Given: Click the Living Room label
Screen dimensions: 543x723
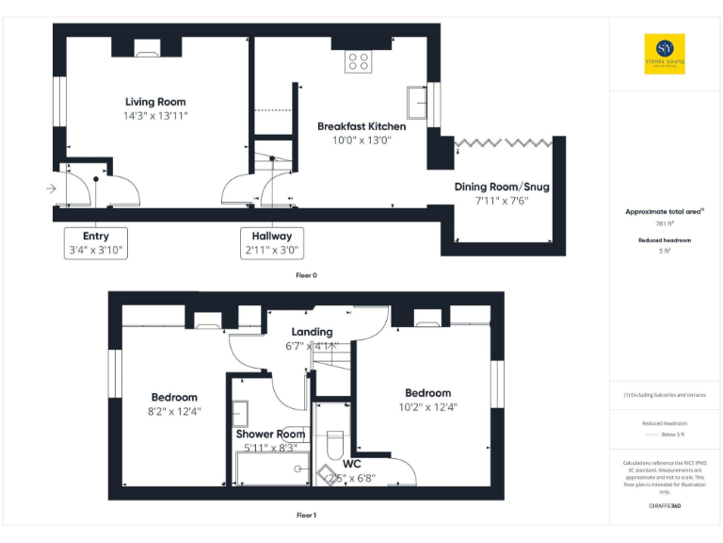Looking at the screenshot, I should pos(156,102).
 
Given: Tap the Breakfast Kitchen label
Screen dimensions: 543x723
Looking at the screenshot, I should pos(361,126).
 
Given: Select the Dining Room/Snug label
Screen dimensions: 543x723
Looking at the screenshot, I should pos(502,187).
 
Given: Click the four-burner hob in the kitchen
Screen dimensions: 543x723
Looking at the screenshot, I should pos(358,61).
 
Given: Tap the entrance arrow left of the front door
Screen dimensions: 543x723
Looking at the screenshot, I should pos(51,189).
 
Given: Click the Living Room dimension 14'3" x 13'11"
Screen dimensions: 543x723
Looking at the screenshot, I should pos(156,116).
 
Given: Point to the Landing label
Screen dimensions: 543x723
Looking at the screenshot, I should pos(312,332).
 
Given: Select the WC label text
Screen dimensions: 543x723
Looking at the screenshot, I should pos(352,464).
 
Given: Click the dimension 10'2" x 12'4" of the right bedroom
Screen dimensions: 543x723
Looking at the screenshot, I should pos(427,407).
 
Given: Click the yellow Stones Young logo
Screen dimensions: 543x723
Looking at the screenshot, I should pos(665,54).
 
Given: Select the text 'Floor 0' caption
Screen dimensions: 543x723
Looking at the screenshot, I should pos(307,275).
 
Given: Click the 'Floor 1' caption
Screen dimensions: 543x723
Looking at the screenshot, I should pos(307,516).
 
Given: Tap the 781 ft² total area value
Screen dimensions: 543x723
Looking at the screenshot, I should pos(665,223).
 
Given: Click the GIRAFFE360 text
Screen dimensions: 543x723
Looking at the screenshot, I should pos(665,506).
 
